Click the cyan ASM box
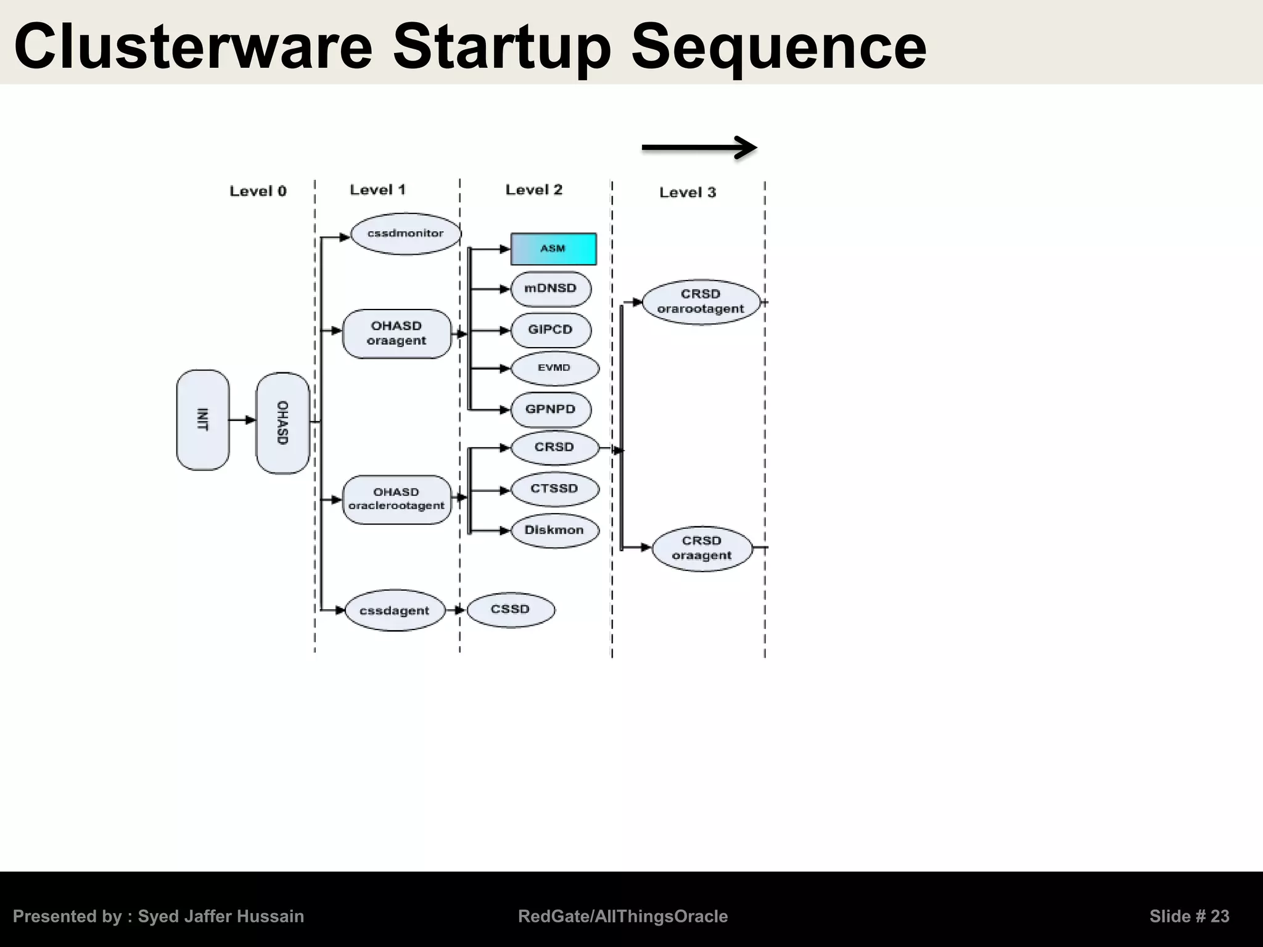pyautogui.click(x=553, y=249)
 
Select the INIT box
pyautogui.click(x=203, y=420)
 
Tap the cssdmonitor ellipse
pyautogui.click(x=405, y=234)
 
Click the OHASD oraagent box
pyautogui.click(x=397, y=334)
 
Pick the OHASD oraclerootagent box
pyautogui.click(x=397, y=499)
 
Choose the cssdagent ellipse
pyautogui.click(x=394, y=610)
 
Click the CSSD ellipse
pyautogui.click(x=511, y=610)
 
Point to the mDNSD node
pyautogui.click(x=551, y=289)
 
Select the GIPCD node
pyautogui.click(x=551, y=330)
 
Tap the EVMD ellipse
pyautogui.click(x=554, y=368)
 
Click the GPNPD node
pyautogui.click(x=551, y=409)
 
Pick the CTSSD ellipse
pyautogui.click(x=554, y=490)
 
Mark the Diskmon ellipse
pyautogui.click(x=554, y=530)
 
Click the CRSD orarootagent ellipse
pyautogui.click(x=701, y=302)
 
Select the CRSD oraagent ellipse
pyautogui.click(x=702, y=548)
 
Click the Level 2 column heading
pyautogui.click(x=534, y=190)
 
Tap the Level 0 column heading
pyautogui.click(x=258, y=191)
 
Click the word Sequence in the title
pyautogui.click(x=778, y=47)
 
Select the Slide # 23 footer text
pyautogui.click(x=1189, y=916)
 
